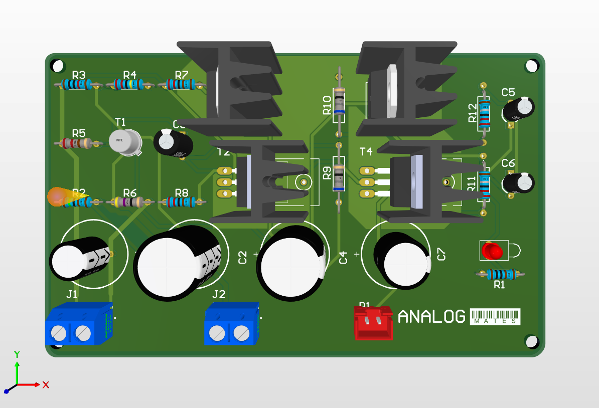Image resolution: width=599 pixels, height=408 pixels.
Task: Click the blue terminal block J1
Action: [x=78, y=325]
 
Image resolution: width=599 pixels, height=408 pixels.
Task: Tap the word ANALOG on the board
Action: [x=431, y=316]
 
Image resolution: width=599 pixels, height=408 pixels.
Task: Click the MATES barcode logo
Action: [x=495, y=317]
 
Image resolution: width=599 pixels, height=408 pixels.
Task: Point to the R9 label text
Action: [x=327, y=173]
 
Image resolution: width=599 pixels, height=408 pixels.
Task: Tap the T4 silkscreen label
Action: [x=366, y=151]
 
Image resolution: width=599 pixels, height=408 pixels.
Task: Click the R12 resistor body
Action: [x=485, y=113]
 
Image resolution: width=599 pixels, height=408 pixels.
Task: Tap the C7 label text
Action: [x=441, y=255]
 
